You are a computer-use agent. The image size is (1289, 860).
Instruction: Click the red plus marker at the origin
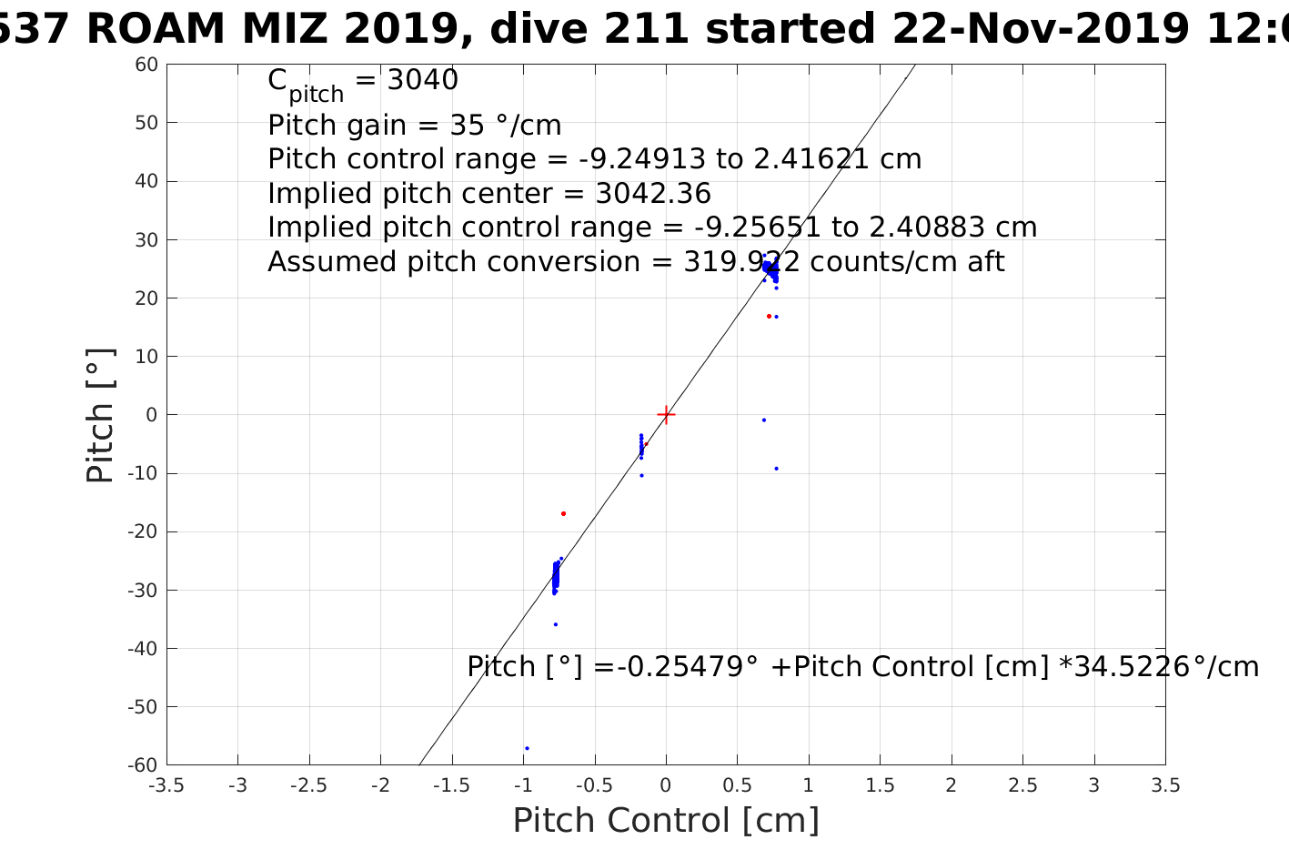(x=666, y=415)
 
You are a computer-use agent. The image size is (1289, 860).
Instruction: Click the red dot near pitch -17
(x=563, y=514)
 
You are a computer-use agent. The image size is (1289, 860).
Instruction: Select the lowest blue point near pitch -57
(x=527, y=748)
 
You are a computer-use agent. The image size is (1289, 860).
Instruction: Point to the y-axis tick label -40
(x=143, y=649)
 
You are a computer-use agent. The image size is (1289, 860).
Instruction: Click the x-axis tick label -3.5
(x=166, y=785)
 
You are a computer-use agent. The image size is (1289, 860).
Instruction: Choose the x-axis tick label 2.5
(x=1022, y=785)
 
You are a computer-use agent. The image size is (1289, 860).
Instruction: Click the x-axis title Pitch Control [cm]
(x=666, y=821)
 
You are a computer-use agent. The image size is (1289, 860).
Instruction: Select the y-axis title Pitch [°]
(x=100, y=415)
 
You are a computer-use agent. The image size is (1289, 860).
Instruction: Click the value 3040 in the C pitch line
(x=423, y=81)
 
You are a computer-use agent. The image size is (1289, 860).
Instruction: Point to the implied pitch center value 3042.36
(x=653, y=194)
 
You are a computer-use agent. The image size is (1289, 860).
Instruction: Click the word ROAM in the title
(x=156, y=29)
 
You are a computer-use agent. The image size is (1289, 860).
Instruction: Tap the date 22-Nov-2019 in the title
(x=1039, y=29)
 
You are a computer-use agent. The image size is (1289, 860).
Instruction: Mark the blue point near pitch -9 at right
(x=776, y=469)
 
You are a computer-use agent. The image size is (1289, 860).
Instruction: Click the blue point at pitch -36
(x=556, y=624)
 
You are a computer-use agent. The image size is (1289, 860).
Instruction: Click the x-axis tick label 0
(x=666, y=785)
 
